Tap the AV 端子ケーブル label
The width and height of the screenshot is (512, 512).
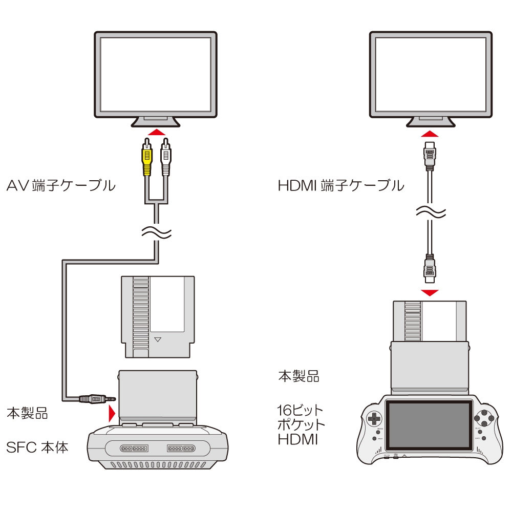(x=61, y=185)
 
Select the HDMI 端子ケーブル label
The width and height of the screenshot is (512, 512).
(x=340, y=185)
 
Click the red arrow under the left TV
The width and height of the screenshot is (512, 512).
(x=156, y=132)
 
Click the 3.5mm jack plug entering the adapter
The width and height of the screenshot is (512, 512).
(x=95, y=398)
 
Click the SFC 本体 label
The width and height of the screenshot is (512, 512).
(x=37, y=447)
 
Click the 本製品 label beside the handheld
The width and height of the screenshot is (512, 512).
(x=298, y=377)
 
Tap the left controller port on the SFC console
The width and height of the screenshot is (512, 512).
(x=133, y=448)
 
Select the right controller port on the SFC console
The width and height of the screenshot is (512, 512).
(x=180, y=448)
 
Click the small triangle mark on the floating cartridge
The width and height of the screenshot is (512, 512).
(x=158, y=338)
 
